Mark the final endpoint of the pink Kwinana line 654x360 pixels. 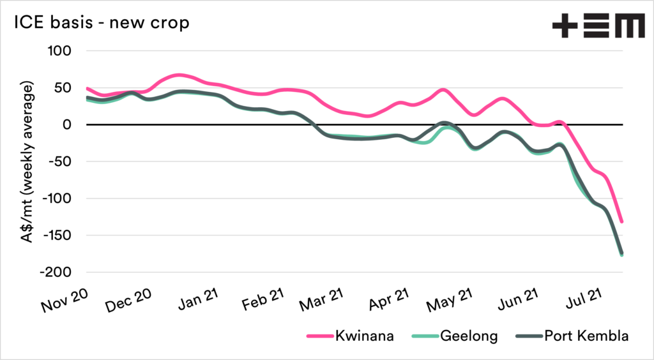coord(621,222)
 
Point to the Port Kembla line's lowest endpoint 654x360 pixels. coord(622,253)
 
